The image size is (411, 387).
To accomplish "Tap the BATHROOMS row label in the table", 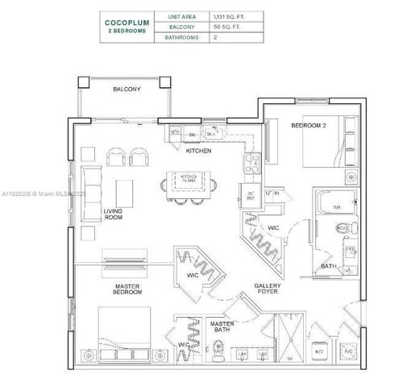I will click(181, 37).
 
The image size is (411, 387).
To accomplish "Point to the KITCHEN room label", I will click(198, 150).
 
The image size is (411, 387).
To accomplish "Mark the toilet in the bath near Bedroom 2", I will click(345, 229).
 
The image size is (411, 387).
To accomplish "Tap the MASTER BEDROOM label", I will click(127, 289).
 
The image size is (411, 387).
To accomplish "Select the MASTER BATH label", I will click(222, 327).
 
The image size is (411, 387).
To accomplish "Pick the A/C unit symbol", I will click(347, 352).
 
